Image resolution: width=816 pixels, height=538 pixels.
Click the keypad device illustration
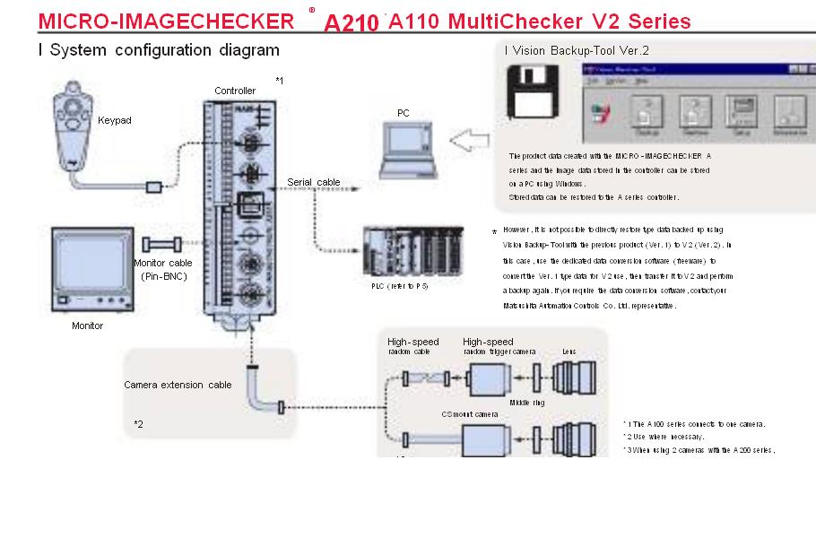(x=72, y=121)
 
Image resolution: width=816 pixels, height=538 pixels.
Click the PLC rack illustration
(x=413, y=254)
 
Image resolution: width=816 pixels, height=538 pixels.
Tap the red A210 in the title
(x=352, y=22)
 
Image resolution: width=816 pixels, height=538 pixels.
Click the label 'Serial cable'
(x=314, y=182)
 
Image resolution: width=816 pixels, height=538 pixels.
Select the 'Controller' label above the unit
(x=235, y=91)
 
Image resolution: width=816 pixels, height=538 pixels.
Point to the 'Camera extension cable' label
(x=178, y=385)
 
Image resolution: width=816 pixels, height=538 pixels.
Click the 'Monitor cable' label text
(x=162, y=263)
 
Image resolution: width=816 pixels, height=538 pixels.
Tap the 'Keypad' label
(x=115, y=120)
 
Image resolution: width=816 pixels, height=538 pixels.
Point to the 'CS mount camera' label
(x=469, y=414)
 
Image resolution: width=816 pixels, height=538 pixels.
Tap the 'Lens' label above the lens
(x=569, y=352)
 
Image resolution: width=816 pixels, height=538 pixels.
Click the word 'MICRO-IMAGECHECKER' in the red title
(x=166, y=21)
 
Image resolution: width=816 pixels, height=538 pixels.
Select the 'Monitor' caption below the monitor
(x=88, y=325)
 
